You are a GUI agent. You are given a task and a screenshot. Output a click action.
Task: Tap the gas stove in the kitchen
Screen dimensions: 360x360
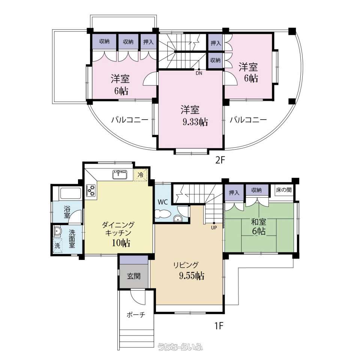coord(91,190)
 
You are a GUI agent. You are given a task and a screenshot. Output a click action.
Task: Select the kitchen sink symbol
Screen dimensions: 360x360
coord(120,174)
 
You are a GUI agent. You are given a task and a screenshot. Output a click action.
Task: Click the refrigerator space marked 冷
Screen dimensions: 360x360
coord(140,175)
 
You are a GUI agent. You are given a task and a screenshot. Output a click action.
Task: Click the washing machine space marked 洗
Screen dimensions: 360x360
coord(57,246)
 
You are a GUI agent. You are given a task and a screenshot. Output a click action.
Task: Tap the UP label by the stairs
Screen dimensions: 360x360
coord(214,228)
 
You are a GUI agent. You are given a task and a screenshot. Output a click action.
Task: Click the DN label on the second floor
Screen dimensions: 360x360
coord(199,73)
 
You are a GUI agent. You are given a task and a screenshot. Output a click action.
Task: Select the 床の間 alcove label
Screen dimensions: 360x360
coord(284,190)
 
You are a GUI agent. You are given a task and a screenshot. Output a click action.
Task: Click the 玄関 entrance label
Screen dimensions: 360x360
coord(134,276)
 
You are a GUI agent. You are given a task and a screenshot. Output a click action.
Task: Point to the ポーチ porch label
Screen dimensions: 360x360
coord(136,315)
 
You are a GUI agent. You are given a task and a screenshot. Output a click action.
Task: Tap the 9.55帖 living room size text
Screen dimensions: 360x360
coord(192,276)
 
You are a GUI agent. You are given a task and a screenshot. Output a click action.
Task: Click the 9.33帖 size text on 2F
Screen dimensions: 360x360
coord(195,122)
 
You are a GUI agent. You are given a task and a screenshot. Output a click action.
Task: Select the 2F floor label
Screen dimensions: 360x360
coord(219,160)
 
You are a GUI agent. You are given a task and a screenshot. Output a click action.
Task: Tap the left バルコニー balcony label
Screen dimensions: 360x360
coord(130,120)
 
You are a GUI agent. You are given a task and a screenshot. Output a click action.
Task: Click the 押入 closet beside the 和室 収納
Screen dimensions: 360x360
coord(234,192)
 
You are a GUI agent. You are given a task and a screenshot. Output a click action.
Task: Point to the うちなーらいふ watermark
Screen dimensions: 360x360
coord(180,346)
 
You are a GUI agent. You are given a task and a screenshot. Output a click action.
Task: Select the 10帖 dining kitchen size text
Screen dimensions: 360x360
coord(121,243)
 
